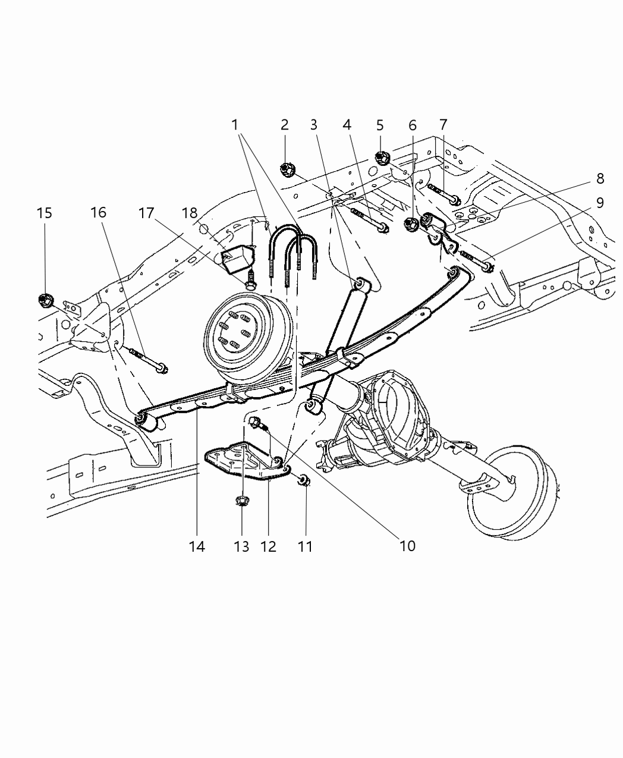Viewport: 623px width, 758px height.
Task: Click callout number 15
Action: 45,213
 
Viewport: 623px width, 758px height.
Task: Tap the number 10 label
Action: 408,545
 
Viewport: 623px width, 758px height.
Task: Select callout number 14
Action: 197,546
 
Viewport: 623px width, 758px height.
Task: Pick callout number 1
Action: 235,125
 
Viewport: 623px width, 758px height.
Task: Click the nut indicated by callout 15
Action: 45,300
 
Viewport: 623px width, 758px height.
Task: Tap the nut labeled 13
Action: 241,501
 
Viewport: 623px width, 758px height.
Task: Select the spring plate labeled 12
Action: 244,461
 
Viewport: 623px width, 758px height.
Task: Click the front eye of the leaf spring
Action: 146,422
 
